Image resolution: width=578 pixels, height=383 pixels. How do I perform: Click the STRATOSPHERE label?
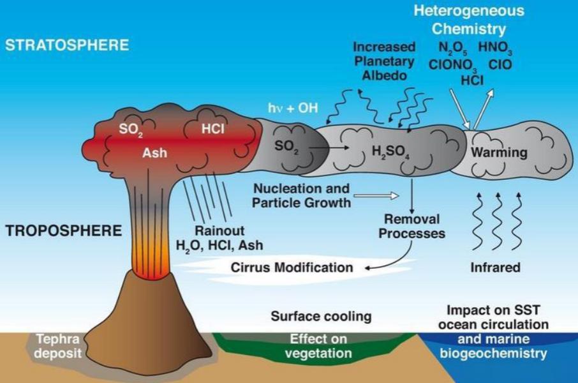click(x=67, y=45)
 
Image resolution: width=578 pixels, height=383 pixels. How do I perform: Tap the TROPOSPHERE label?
click(x=64, y=230)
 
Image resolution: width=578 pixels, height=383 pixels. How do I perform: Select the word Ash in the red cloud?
click(x=155, y=153)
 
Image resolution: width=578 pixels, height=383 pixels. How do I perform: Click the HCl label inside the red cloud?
click(x=212, y=129)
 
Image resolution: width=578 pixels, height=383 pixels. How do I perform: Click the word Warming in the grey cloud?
click(x=499, y=152)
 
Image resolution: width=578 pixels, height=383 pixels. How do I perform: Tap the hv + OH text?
click(x=293, y=108)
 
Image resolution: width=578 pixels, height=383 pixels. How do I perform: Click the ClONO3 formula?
click(x=454, y=66)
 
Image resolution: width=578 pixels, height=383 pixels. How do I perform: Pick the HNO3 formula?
click(x=495, y=48)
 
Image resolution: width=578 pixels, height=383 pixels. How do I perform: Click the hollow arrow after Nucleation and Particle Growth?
click(x=376, y=195)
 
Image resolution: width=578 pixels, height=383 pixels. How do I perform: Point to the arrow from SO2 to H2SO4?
click(x=329, y=147)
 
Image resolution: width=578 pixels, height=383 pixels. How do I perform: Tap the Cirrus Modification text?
click(x=292, y=267)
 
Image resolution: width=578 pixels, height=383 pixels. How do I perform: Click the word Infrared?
click(x=496, y=267)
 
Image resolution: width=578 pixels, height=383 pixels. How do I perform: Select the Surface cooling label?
click(x=321, y=316)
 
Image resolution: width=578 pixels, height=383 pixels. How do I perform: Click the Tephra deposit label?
click(x=57, y=346)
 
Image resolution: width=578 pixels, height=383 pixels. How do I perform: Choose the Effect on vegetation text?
click(x=318, y=346)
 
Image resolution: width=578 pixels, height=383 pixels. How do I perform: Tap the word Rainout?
click(x=219, y=230)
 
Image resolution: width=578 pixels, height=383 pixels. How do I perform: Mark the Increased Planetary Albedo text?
click(x=385, y=61)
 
